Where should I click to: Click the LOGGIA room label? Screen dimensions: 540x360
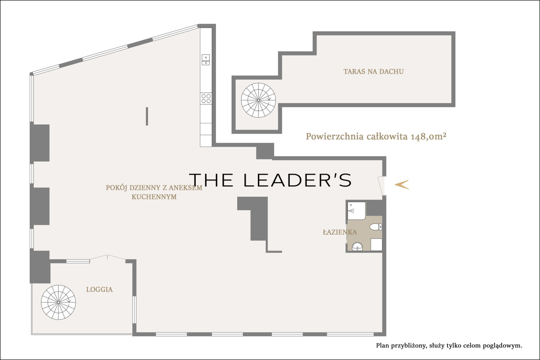click(99, 290)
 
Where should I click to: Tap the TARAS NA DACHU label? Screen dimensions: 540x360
click(373, 72)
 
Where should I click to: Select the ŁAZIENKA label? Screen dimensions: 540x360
click(340, 232)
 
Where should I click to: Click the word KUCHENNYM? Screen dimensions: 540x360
click(154, 197)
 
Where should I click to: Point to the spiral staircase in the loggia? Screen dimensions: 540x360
click(58, 302)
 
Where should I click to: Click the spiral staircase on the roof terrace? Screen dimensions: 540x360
click(258, 100)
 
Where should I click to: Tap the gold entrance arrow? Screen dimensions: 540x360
click(401, 184)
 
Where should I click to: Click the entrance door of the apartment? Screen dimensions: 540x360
click(382, 186)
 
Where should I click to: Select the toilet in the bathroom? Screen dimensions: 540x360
click(376, 227)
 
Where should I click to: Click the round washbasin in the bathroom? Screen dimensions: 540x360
click(357, 247)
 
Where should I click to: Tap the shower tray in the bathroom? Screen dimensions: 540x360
click(356, 211)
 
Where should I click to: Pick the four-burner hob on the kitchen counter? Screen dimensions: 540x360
click(206, 99)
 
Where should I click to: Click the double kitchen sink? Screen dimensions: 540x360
click(206, 60)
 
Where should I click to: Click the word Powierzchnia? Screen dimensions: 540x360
click(335, 137)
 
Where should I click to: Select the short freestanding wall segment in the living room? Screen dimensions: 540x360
click(147, 116)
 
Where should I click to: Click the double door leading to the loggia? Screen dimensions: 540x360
click(108, 257)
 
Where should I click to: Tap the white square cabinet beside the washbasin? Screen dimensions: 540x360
click(376, 245)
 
